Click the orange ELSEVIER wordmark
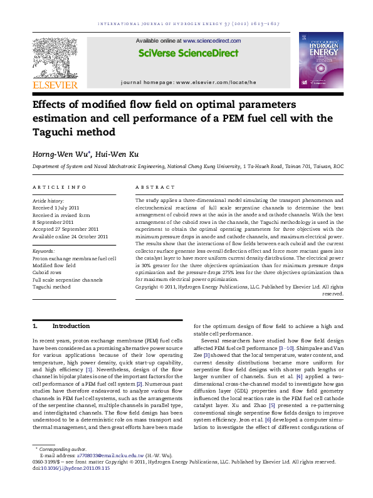tap(56, 85)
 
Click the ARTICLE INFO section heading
tap(59, 187)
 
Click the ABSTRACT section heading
tap(155, 187)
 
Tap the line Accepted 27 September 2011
tap(65, 230)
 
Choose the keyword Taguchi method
tap(52, 287)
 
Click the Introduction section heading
tap(71, 326)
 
